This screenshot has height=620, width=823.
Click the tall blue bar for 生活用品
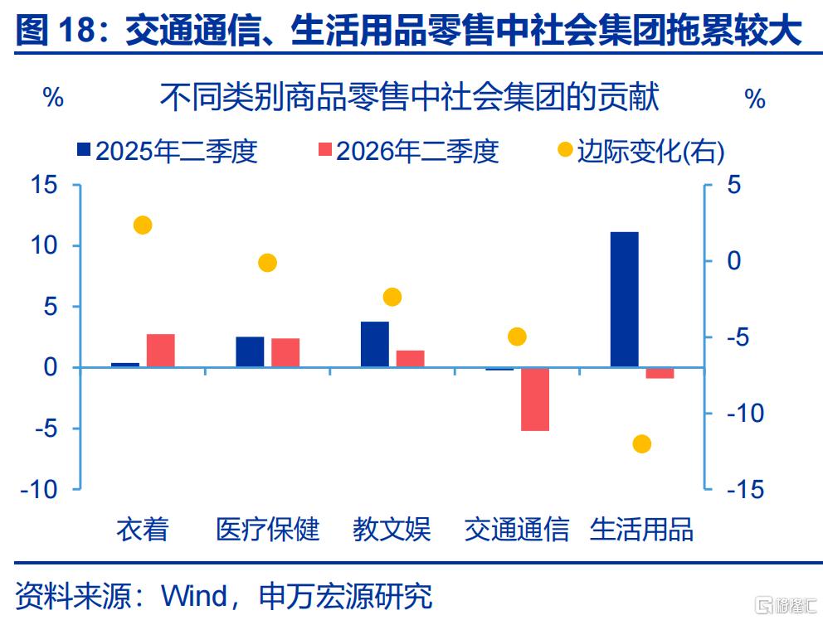pyautogui.click(x=625, y=299)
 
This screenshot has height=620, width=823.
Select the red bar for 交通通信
pyautogui.click(x=535, y=400)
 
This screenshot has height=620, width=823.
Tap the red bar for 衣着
pyautogui.click(x=161, y=351)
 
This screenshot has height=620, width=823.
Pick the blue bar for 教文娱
pyautogui.click(x=375, y=344)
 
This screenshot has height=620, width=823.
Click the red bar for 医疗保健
pyautogui.click(x=285, y=352)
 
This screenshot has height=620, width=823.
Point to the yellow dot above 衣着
pyautogui.click(x=143, y=225)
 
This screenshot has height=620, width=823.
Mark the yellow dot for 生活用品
pyautogui.click(x=642, y=444)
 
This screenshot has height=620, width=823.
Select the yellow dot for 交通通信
pyautogui.click(x=517, y=337)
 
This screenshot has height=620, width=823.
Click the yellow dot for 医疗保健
pyautogui.click(x=268, y=263)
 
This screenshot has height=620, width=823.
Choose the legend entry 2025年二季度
pyautogui.click(x=168, y=151)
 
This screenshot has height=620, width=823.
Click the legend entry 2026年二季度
pyautogui.click(x=408, y=151)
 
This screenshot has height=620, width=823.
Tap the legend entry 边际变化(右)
pyautogui.click(x=640, y=151)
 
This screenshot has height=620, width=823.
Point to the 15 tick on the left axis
pyautogui.click(x=44, y=185)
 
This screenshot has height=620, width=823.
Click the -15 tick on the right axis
pyautogui.click(x=745, y=489)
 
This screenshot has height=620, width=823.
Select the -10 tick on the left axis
pyautogui.click(x=39, y=489)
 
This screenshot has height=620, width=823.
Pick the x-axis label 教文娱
pyautogui.click(x=392, y=529)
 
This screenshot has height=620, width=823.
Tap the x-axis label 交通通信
pyautogui.click(x=517, y=529)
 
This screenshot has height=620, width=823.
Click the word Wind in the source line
pyautogui.click(x=194, y=596)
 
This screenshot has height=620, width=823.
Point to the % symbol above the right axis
pyautogui.click(x=755, y=99)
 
